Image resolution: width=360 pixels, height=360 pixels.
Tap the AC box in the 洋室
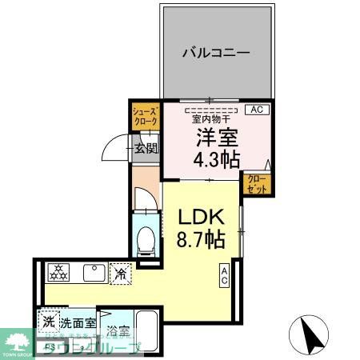click(x=257, y=110)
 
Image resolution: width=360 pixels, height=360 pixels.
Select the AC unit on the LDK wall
click(x=225, y=277)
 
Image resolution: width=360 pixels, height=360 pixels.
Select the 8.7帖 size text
click(x=201, y=238)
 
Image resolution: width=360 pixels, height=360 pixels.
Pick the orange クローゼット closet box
click(x=255, y=183)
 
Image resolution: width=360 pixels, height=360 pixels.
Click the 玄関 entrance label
click(x=145, y=148)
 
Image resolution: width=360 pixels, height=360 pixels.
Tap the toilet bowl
click(x=146, y=238)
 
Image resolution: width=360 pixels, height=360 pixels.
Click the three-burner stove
click(x=58, y=274)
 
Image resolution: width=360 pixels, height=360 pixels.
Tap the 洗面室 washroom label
click(x=78, y=323)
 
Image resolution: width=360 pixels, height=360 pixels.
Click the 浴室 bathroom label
click(x=118, y=330)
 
